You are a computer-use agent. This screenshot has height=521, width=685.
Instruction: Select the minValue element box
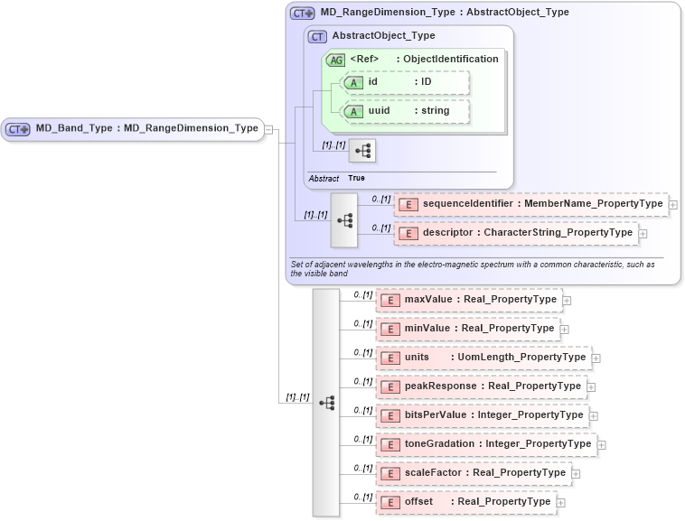coord(467,329)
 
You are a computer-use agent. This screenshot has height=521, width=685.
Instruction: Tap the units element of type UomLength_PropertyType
coord(483,358)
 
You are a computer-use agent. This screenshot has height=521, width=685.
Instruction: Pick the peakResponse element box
coord(481,386)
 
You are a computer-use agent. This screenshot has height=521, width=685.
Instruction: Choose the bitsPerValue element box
coord(482,415)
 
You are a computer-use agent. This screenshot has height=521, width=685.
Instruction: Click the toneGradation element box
coord(486,444)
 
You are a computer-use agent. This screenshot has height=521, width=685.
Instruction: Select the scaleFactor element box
coord(473,473)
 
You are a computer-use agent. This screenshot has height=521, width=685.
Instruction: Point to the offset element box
coord(465,502)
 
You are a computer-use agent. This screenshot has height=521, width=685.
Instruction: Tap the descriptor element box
coord(516,233)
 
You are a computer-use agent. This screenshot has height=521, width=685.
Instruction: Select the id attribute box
coord(406,82)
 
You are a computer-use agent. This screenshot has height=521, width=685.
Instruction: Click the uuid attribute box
coord(406,111)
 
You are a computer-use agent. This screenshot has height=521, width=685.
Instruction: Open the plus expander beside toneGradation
coord(602,444)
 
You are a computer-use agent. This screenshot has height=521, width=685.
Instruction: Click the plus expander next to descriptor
coord(643,234)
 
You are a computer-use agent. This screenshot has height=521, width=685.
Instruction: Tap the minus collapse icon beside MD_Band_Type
coord(269,129)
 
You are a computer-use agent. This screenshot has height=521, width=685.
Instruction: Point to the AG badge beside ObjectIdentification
coord(335,60)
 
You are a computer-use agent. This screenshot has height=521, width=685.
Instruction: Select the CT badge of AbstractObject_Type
coord(317,37)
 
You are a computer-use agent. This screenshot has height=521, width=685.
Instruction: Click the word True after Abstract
coord(357,179)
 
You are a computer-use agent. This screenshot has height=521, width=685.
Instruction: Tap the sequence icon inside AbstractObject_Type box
coord(362,151)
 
